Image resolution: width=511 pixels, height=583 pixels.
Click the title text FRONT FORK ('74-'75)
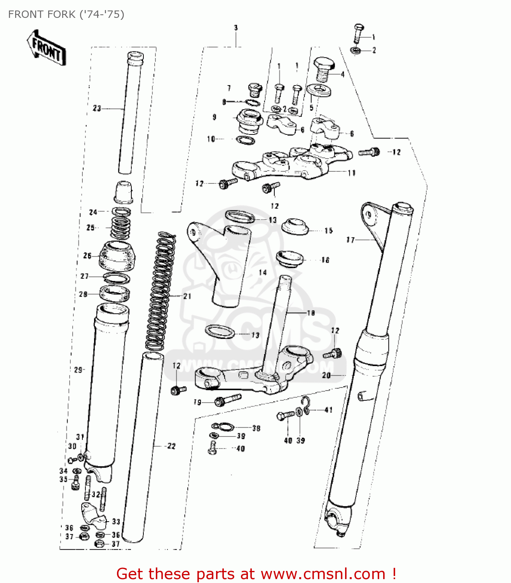point(66,14)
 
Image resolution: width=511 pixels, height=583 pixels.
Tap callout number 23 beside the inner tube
point(97,108)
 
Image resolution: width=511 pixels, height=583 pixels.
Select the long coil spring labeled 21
point(160,291)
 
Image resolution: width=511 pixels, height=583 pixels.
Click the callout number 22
point(171,446)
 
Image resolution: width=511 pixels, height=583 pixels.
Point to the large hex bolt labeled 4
point(324,69)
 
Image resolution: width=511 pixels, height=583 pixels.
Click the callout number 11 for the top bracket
point(351,173)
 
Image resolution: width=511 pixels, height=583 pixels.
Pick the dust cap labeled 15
point(295,227)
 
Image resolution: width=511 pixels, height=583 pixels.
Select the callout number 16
point(325,260)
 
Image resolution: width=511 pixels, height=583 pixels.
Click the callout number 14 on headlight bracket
point(263,272)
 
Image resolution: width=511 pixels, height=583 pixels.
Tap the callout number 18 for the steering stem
point(311,313)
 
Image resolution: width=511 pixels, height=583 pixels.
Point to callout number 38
point(256,428)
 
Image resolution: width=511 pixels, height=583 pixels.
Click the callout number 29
point(78,370)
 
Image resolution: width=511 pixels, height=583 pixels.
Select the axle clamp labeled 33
point(94,515)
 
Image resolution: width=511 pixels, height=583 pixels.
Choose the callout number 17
point(351,240)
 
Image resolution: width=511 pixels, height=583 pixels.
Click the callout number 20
point(326,375)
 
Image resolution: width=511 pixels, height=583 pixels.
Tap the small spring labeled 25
point(120,228)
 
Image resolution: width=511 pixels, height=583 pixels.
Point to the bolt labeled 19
point(228,399)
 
